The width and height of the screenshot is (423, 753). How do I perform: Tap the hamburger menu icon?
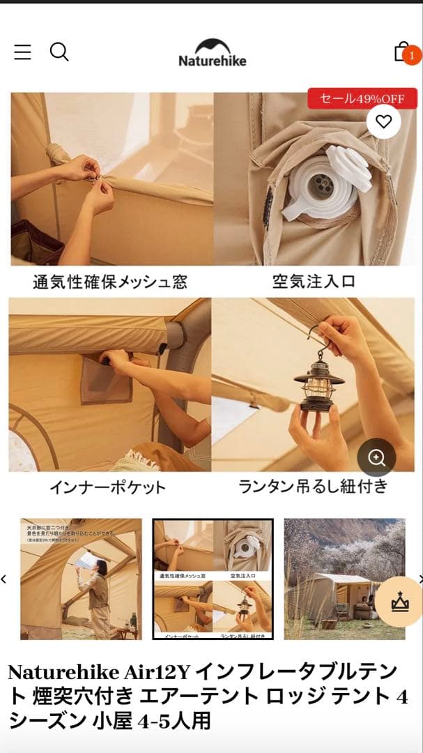[x=22, y=52]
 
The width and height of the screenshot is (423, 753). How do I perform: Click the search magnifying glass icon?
[x=59, y=52]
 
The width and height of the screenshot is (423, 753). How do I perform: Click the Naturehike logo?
[x=212, y=53]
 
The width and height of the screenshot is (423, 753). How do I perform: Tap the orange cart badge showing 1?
[x=412, y=55]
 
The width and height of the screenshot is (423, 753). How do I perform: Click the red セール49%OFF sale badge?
[x=362, y=99]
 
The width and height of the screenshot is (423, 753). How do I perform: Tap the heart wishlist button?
[x=383, y=122]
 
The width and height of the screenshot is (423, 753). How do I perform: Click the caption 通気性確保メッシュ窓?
[x=110, y=282]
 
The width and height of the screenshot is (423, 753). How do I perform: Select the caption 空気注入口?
[x=314, y=282]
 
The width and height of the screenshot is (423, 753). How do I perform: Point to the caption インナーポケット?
[x=107, y=487]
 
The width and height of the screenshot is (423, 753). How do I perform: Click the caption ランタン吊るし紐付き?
[x=313, y=486]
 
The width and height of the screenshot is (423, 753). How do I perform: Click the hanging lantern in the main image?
[x=319, y=380]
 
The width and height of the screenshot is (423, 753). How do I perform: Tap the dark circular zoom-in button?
[x=376, y=457]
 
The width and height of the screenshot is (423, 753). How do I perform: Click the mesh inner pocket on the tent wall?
[x=105, y=380]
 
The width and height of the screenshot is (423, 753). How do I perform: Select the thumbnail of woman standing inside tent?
[x=81, y=579]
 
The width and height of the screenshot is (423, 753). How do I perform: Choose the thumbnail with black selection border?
[x=213, y=579]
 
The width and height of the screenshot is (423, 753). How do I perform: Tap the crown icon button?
[x=400, y=602]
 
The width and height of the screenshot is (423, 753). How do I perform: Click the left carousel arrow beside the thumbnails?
[x=4, y=579]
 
